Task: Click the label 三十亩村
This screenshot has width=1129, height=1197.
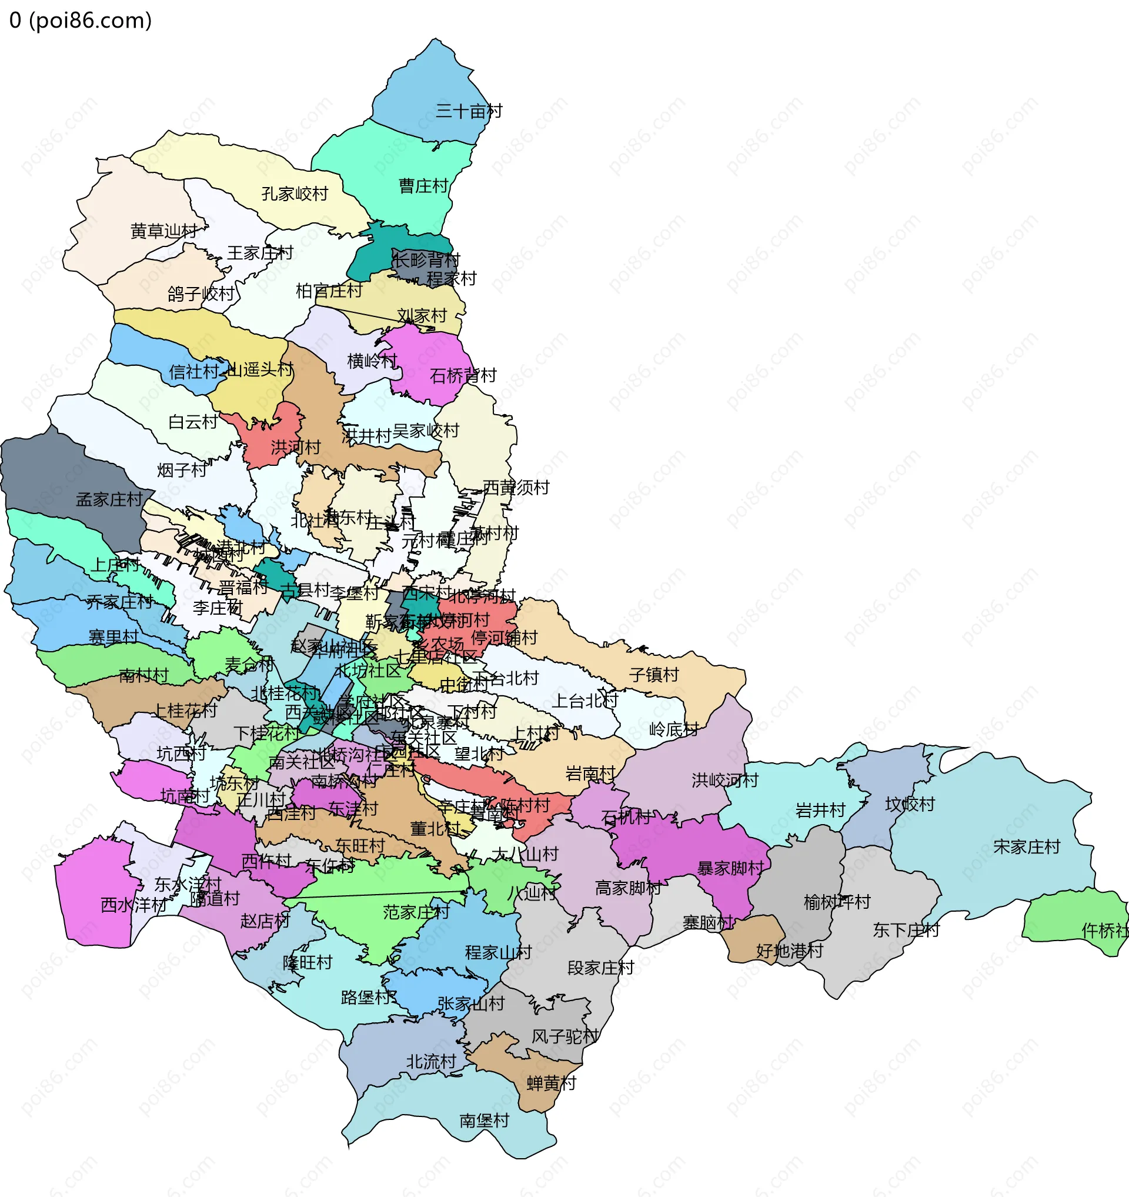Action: point(469,111)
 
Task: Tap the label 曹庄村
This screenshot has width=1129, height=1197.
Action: point(424,186)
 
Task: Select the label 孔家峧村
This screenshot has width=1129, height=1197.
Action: point(295,194)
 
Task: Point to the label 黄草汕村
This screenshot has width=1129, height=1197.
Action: point(163,231)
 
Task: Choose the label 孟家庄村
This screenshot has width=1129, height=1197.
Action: point(109,500)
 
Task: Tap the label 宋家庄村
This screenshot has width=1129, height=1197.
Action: point(1027,847)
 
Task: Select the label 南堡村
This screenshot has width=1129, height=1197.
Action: point(485,1121)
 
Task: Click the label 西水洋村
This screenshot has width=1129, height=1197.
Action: point(133,905)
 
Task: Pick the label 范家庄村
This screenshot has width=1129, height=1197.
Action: point(416,912)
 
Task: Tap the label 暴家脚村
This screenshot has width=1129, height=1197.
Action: point(730,869)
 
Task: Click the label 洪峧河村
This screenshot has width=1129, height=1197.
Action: point(725,781)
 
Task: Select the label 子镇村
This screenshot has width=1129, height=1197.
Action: point(654,675)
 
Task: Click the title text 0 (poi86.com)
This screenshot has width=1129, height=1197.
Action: point(81,21)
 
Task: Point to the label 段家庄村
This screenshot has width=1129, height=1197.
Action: point(600,968)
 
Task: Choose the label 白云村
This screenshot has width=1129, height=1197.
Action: point(193,422)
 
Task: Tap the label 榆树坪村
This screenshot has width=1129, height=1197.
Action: point(837,902)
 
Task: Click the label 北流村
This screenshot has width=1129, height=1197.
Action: point(432,1062)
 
